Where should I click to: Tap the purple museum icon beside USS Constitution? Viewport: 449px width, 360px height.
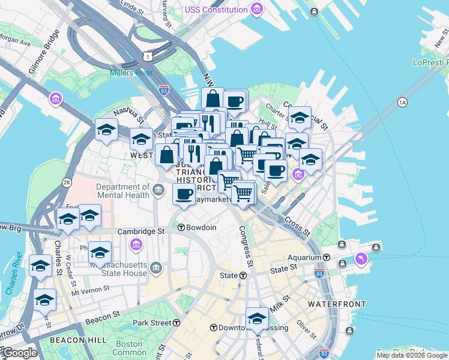[257, 9]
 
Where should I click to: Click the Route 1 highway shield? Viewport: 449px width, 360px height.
[147, 56]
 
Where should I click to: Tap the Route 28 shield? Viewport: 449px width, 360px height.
[65, 181]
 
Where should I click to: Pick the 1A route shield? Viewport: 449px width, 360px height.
[402, 103]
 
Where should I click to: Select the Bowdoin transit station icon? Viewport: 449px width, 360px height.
[181, 227]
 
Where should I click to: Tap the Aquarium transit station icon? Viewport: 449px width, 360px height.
[327, 257]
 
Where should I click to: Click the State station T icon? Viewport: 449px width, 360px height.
[243, 275]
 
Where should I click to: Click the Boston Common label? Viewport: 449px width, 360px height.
[128, 349]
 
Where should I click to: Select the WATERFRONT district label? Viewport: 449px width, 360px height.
[337, 304]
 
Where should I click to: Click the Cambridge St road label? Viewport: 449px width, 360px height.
[141, 231]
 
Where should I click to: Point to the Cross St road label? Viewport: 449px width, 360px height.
[297, 226]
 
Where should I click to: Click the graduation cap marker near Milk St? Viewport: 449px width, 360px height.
[257, 318]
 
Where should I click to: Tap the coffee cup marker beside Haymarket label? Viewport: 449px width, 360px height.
[184, 194]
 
